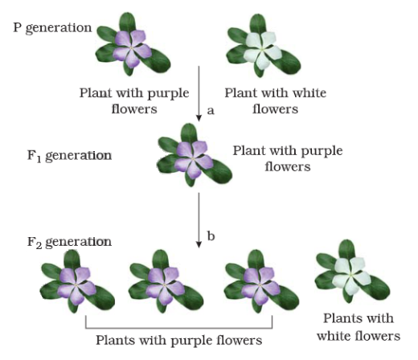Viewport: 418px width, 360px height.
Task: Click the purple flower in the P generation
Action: [x=132, y=48]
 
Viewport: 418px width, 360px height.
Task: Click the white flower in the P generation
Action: [x=263, y=50]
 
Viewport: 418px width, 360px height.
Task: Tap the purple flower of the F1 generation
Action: [x=194, y=160]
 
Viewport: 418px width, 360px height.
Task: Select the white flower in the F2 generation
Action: [x=351, y=276]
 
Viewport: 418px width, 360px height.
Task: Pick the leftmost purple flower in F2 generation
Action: [x=76, y=285]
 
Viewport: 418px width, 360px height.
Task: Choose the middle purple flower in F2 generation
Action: [x=165, y=285]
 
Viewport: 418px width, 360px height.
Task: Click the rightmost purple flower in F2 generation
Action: [x=260, y=285]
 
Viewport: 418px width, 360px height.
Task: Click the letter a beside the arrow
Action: [x=211, y=110]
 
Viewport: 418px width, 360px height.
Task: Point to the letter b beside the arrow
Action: [x=211, y=235]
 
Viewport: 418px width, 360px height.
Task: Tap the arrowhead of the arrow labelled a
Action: [x=199, y=118]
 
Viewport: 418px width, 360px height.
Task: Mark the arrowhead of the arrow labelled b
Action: [x=199, y=244]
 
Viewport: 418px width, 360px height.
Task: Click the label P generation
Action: [x=52, y=28]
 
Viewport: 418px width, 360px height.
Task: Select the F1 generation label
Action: [x=69, y=156]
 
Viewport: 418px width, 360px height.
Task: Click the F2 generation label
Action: [x=69, y=243]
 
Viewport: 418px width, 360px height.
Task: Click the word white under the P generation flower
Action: [x=309, y=93]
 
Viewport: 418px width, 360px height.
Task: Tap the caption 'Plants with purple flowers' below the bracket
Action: [x=179, y=341]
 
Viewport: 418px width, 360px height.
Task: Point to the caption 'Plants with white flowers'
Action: [x=359, y=327]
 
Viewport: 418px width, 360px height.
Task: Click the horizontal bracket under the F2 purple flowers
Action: [x=179, y=328]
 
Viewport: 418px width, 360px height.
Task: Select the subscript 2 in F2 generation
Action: [x=39, y=245]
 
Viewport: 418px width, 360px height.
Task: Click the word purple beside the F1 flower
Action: [x=322, y=151]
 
